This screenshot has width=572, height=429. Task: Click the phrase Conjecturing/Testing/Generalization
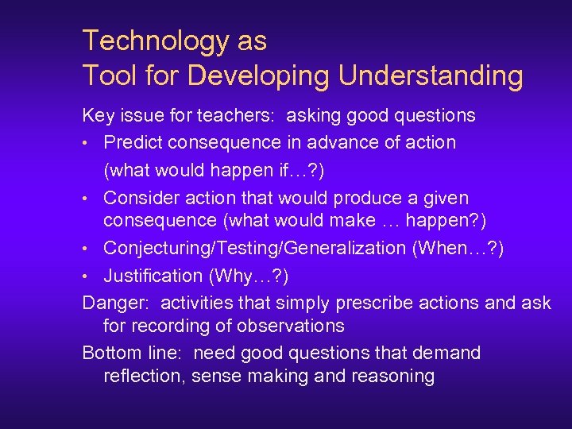pyautogui.click(x=254, y=248)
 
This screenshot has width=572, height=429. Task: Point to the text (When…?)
pyautogui.click(x=458, y=248)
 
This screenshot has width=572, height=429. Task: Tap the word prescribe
pyautogui.click(x=372, y=303)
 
